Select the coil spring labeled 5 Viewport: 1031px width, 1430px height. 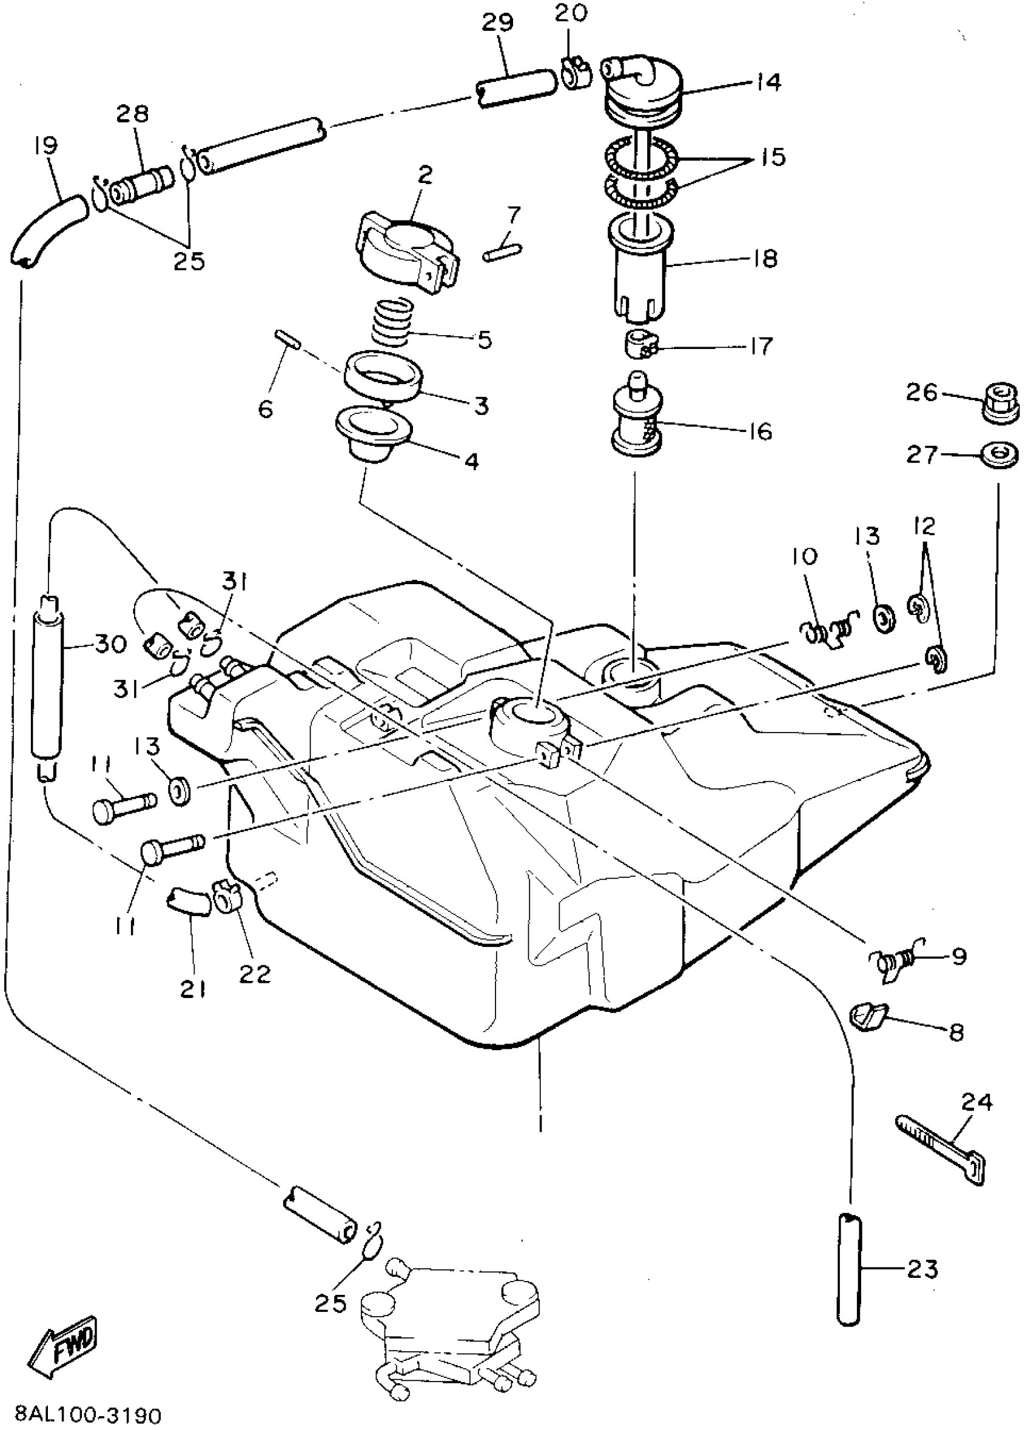[x=391, y=322]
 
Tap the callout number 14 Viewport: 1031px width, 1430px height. [x=768, y=82]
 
